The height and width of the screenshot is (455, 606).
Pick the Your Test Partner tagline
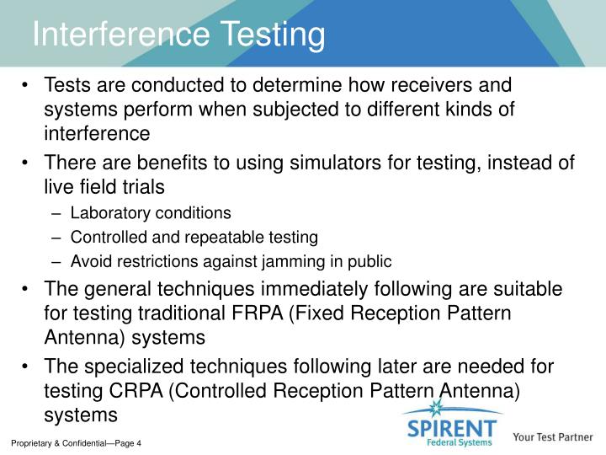point(553,437)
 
